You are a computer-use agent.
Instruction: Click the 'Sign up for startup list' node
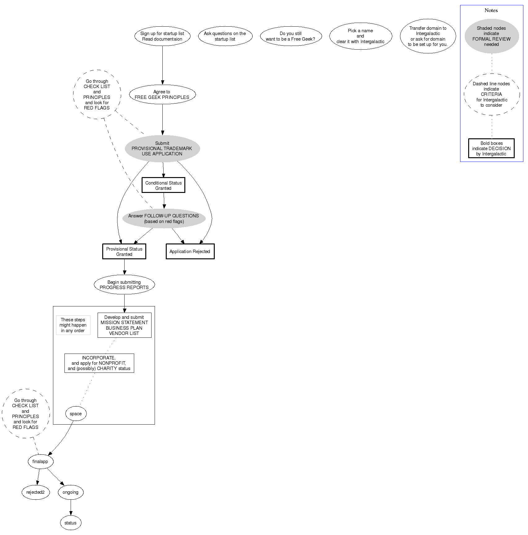(x=162, y=36)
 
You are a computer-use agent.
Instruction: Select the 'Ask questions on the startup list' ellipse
(x=225, y=36)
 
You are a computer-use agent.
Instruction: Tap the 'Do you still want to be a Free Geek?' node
(x=291, y=36)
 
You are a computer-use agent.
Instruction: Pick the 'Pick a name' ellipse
(x=360, y=36)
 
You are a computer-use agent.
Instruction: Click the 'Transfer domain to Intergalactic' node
(x=428, y=36)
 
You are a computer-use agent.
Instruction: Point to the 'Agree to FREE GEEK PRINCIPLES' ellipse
(x=162, y=94)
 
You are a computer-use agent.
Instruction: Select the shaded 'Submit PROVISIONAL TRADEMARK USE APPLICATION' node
(x=162, y=149)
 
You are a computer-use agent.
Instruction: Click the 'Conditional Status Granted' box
(x=163, y=185)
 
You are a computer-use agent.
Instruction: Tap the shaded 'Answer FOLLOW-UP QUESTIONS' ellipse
(x=164, y=219)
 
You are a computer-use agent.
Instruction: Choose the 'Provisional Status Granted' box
(x=124, y=252)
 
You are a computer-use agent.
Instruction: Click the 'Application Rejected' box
(x=190, y=252)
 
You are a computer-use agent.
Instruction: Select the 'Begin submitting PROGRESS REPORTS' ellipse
(x=124, y=285)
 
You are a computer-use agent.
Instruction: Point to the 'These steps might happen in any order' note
(x=73, y=325)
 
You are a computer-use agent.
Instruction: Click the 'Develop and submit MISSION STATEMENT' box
(x=124, y=325)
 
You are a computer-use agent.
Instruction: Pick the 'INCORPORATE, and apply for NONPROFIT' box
(x=99, y=363)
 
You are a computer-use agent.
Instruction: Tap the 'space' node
(x=76, y=414)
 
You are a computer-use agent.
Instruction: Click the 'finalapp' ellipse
(x=40, y=461)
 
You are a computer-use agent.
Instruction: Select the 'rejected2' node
(x=36, y=492)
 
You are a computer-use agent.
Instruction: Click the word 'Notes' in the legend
(x=491, y=10)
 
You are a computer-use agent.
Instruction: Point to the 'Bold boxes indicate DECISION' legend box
(x=491, y=149)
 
